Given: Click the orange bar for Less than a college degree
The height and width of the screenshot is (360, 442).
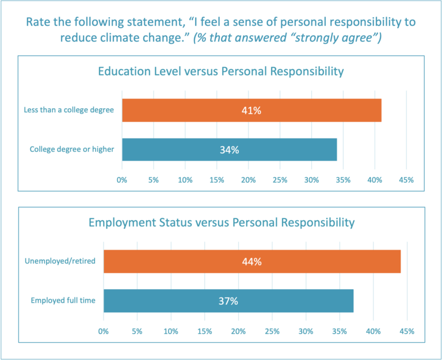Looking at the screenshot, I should tap(252, 110).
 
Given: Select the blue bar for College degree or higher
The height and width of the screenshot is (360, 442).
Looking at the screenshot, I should tap(230, 150).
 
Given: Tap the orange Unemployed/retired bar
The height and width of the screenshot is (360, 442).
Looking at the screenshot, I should tap(252, 262).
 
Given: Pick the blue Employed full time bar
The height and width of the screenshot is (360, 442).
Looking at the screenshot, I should tap(228, 301).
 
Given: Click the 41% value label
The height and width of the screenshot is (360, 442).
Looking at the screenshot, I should tap(252, 110).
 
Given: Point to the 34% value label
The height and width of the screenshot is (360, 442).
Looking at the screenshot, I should tap(230, 150).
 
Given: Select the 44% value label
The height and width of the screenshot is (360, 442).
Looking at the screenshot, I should tap(252, 262).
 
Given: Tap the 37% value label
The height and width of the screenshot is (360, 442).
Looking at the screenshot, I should tap(228, 301).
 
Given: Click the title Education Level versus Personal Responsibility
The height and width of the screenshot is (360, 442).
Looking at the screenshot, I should tap(221, 72).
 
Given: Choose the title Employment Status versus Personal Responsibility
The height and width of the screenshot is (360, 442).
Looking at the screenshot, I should tap(221, 222).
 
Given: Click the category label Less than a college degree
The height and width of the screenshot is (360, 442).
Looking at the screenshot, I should tap(70, 110).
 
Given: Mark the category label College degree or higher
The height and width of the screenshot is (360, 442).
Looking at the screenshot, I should tap(73, 150).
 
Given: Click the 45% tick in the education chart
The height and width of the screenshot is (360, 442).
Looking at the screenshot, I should tap(406, 181).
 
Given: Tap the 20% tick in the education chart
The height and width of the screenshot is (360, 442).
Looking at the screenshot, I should tap(248, 181).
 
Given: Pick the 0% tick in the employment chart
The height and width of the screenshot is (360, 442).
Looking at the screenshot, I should tap(104, 332).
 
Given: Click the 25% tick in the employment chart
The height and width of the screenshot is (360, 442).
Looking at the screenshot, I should tap(272, 332).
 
